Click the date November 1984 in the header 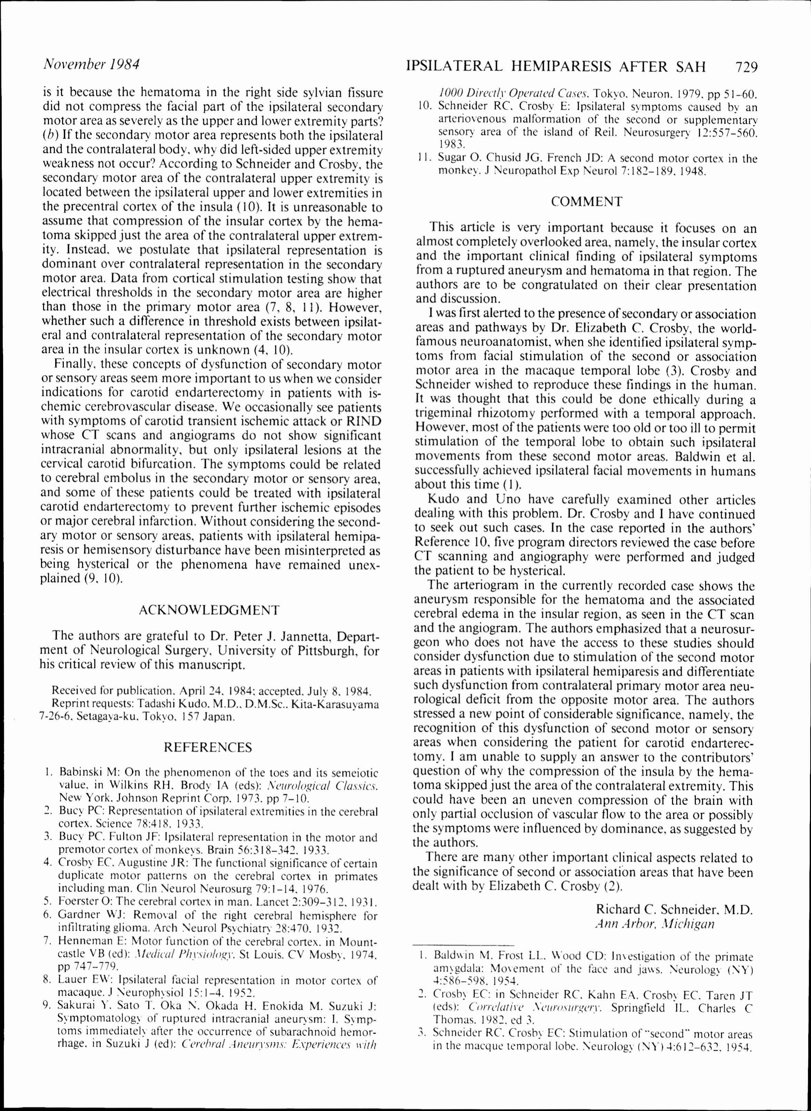92,64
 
